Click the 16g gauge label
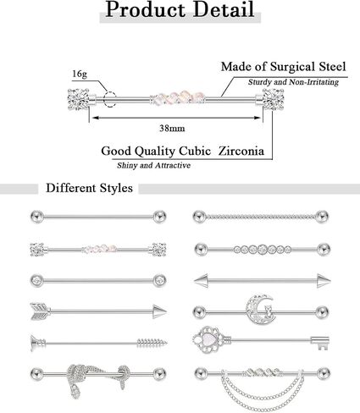click(x=80, y=74)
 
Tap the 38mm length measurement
click(x=172, y=129)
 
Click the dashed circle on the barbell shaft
click(x=109, y=99)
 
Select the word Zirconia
click(x=241, y=151)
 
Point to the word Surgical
click(x=292, y=67)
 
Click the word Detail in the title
click(x=224, y=10)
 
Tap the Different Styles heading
click(x=89, y=188)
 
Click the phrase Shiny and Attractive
click(x=153, y=165)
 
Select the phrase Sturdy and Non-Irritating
click(x=293, y=82)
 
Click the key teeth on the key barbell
click(x=320, y=343)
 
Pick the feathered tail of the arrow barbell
click(x=40, y=311)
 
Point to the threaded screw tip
click(x=152, y=343)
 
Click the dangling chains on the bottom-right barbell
click(x=263, y=393)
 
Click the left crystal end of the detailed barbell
click(x=79, y=99)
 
